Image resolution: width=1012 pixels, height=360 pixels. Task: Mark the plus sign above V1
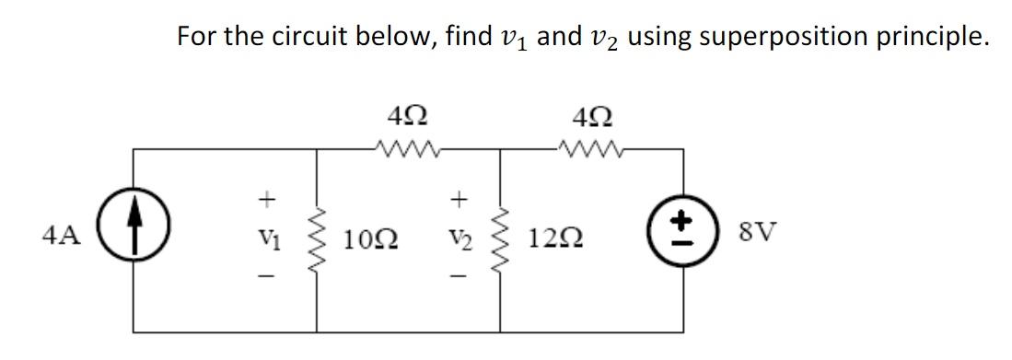coord(268,197)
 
